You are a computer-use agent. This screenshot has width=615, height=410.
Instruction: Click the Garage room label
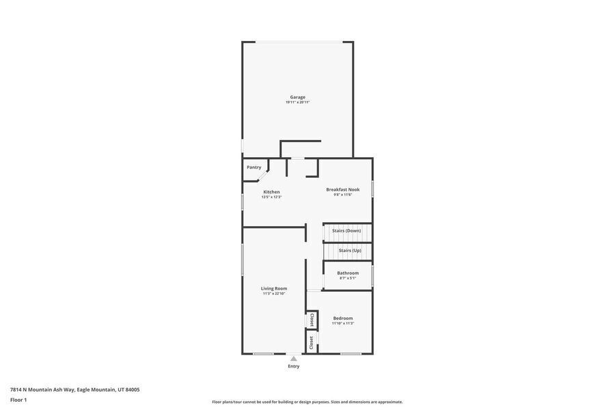click(x=297, y=97)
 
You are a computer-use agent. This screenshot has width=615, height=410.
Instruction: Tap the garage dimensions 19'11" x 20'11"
click(x=297, y=102)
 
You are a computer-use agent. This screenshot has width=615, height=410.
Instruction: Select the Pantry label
click(x=254, y=167)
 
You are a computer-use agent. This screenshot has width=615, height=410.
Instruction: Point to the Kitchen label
click(x=271, y=192)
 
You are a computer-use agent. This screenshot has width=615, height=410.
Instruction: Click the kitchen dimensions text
click(x=271, y=197)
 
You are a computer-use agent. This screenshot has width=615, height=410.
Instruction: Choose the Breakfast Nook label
click(x=342, y=189)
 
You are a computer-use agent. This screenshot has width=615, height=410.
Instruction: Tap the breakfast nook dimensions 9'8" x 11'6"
click(x=342, y=195)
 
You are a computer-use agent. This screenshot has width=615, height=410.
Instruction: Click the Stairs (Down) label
click(x=346, y=231)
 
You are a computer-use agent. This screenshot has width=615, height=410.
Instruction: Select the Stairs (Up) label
click(x=350, y=251)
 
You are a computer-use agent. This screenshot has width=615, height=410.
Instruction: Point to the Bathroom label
click(x=348, y=273)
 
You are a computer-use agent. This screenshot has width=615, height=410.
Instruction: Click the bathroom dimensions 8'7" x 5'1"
click(x=348, y=278)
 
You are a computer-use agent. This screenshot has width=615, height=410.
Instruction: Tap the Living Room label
click(x=274, y=288)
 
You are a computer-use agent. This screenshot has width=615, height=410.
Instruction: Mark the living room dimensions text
click(x=274, y=294)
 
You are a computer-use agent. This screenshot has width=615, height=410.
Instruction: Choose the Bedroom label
click(x=343, y=318)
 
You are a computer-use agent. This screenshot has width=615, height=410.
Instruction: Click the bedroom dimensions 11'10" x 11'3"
click(x=343, y=323)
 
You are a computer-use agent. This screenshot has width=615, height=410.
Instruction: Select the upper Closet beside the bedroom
click(x=312, y=320)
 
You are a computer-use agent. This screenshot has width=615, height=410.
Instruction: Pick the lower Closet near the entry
click(x=312, y=342)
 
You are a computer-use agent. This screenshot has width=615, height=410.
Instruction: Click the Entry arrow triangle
click(x=293, y=358)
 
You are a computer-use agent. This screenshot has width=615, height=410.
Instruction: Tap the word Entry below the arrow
click(x=293, y=366)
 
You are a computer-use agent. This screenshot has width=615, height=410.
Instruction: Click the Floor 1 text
click(x=18, y=400)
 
